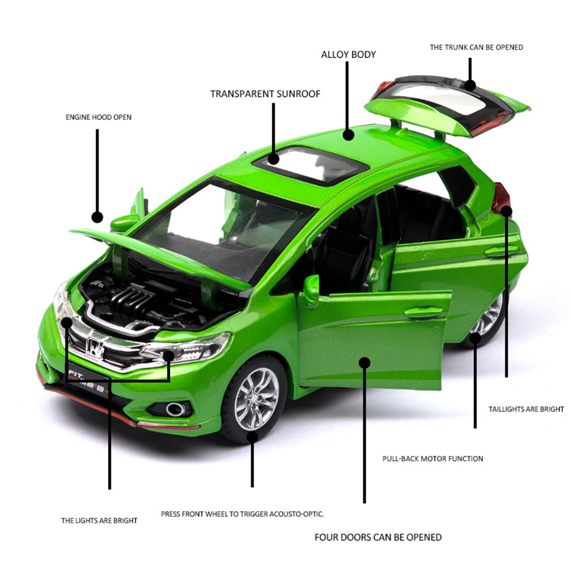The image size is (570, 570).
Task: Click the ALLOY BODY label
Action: point(348,55)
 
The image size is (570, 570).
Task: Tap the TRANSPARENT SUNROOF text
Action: point(265,94)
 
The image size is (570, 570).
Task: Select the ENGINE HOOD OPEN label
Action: point(99,117)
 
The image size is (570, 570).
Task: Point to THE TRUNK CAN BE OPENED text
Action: point(476,47)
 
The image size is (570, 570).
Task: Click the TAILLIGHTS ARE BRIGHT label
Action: point(526,409)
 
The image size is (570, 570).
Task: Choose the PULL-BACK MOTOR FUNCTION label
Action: point(433,459)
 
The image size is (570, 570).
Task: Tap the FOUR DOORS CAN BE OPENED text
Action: point(378,538)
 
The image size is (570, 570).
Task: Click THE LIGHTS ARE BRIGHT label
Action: point(99,520)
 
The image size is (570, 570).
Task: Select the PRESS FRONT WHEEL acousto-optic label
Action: point(243,514)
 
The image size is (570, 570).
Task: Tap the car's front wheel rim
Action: point(257,399)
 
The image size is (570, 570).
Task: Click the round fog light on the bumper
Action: point(175,409)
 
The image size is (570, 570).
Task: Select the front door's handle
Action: point(423,311)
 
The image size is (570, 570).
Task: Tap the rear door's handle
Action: point(502,251)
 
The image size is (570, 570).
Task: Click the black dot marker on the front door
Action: point(364,362)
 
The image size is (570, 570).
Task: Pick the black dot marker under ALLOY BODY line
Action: point(348,135)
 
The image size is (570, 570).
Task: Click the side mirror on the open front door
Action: point(311,290)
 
